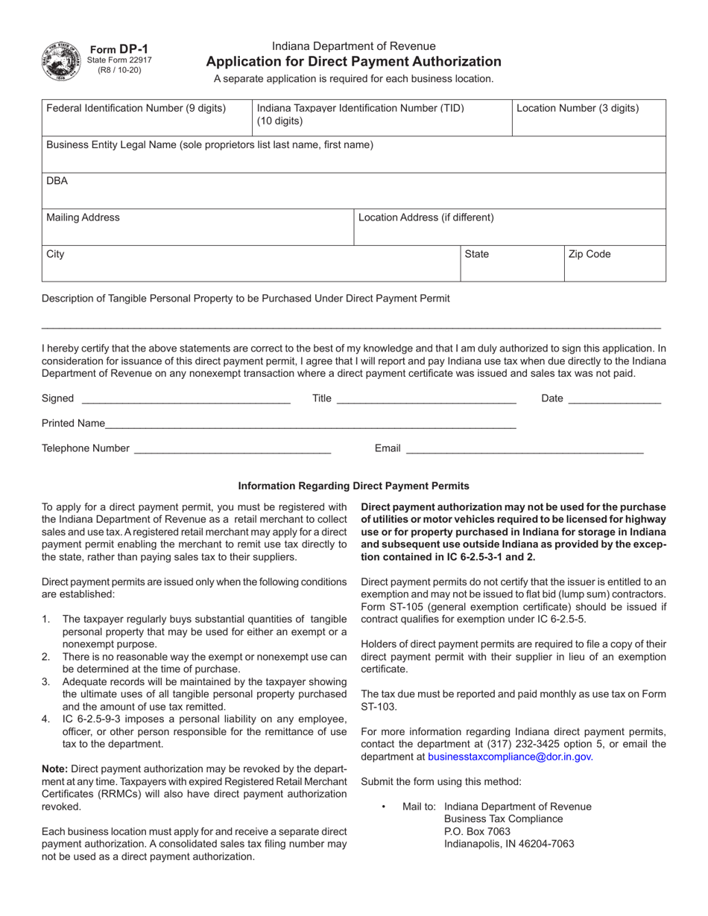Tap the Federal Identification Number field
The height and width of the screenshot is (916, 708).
(147, 123)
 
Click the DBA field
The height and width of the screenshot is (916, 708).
(353, 195)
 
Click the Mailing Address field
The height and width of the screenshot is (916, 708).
(197, 231)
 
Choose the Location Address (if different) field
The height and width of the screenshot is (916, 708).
(509, 231)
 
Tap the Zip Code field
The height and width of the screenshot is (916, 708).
(614, 268)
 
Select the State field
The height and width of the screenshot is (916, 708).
(511, 268)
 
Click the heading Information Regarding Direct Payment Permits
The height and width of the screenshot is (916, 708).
(353, 486)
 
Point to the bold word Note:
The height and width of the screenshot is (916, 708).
(54, 769)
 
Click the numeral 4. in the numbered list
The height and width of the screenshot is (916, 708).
(45, 719)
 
